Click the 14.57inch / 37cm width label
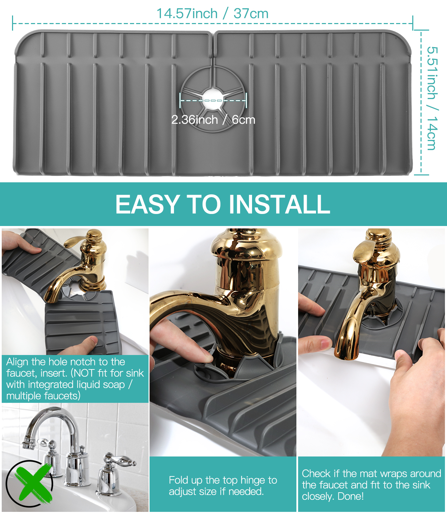point(212,13)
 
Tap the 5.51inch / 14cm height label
point(432,98)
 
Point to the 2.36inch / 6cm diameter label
point(213,120)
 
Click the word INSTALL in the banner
point(279,204)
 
